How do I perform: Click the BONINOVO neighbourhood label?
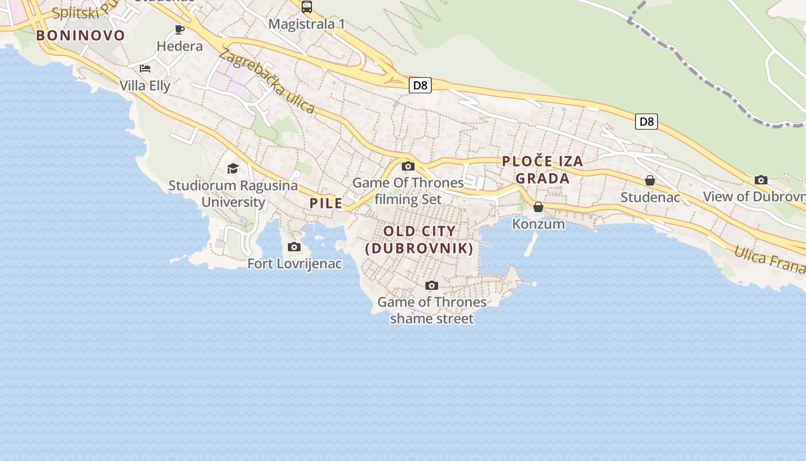coord(81,35)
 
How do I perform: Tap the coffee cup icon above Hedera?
coord(180,29)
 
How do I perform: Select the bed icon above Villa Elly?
coord(145,69)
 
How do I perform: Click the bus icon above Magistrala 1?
coord(307,7)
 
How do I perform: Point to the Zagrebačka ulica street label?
coord(267,81)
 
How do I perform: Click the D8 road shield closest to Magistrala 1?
coord(420,86)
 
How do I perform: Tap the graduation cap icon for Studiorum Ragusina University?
coord(233,168)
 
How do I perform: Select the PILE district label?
coord(326,203)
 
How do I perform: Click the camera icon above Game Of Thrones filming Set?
coord(408,167)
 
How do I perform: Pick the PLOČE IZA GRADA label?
coord(543,169)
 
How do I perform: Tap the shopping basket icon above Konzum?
coord(538,207)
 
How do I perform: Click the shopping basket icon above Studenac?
coord(650,181)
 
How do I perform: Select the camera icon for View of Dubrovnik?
coord(761,180)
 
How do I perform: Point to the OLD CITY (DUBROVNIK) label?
coord(420,240)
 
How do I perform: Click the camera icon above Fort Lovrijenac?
coord(294,247)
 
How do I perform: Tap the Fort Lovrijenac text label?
coord(295,264)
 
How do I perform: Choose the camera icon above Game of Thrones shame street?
coord(432,285)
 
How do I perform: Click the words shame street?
coord(432,319)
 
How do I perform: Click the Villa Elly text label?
coord(145,86)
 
